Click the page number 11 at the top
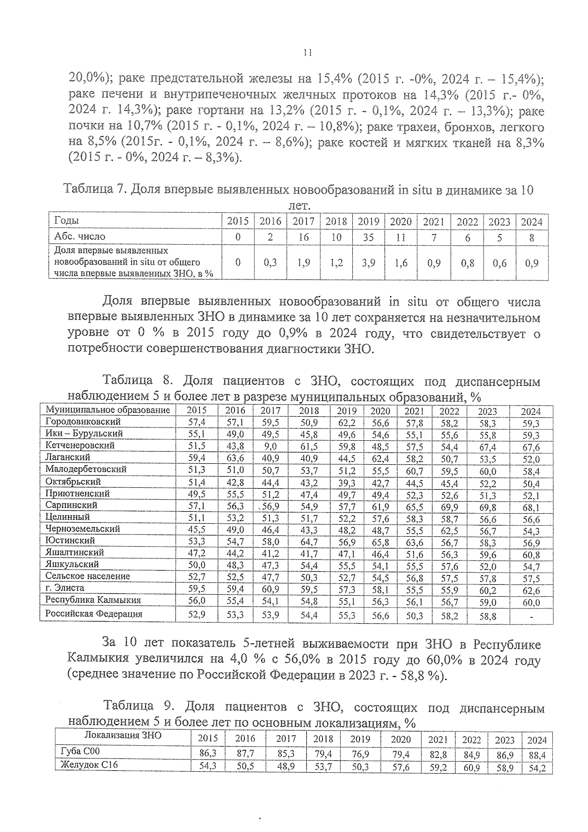pos(307,53)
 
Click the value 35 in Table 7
pos(368,237)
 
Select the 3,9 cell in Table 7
pos(368,263)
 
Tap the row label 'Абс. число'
pos(79,237)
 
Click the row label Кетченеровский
pos(80,446)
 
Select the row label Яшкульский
pos(72,565)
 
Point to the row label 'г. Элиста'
pos(65,588)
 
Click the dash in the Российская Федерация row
pos(531,616)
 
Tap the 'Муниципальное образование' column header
pos(108,410)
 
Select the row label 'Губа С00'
pos(80,752)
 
